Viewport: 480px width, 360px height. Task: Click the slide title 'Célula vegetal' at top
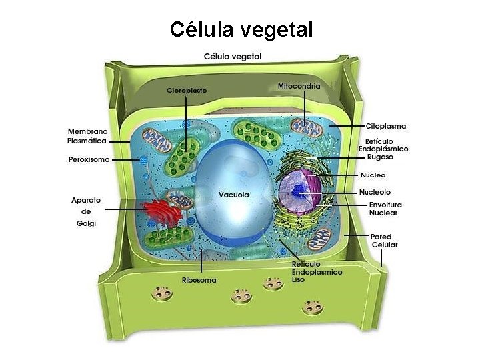(241, 29)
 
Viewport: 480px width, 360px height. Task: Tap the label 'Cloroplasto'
(186, 89)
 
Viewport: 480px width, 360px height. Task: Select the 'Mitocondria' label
(299, 85)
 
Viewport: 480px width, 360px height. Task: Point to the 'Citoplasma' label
(385, 126)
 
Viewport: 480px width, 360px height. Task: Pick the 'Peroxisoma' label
(88, 159)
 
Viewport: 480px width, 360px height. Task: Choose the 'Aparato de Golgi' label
(86, 211)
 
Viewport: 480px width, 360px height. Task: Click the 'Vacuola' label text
(233, 195)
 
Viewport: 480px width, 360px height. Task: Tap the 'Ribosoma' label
(199, 280)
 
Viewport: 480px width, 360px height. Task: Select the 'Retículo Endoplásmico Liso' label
(317, 272)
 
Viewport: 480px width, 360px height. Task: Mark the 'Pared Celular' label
(384, 241)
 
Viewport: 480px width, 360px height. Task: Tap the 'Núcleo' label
(373, 175)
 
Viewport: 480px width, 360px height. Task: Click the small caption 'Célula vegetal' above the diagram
(232, 56)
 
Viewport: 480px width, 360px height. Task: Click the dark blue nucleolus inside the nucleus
(298, 193)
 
